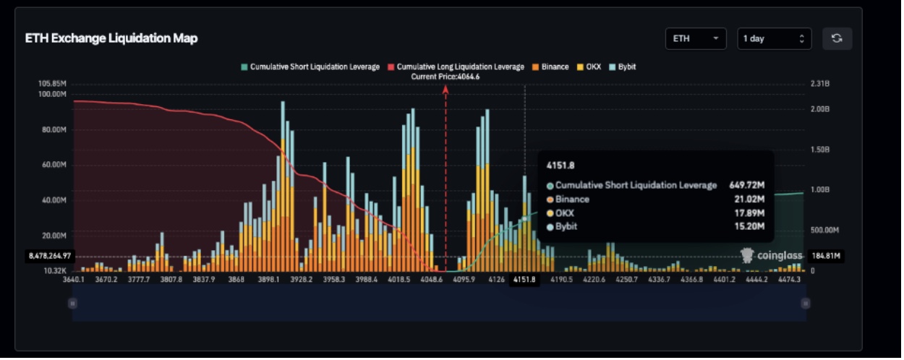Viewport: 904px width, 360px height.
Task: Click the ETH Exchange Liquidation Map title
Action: click(x=111, y=38)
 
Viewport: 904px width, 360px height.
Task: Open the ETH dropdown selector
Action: click(x=695, y=38)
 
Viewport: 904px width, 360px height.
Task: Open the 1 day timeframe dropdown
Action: click(x=774, y=38)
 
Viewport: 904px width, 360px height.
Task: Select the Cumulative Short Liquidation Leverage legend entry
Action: click(x=310, y=67)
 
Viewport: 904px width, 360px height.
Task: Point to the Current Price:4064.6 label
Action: click(x=445, y=77)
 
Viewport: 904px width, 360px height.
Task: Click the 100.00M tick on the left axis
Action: click(x=52, y=94)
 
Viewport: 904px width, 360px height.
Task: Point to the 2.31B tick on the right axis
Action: click(x=820, y=84)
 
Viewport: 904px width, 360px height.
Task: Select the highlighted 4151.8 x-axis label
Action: click(x=524, y=280)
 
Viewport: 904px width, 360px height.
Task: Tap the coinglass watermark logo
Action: click(x=772, y=255)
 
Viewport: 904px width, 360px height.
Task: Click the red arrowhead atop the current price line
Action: click(x=445, y=90)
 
